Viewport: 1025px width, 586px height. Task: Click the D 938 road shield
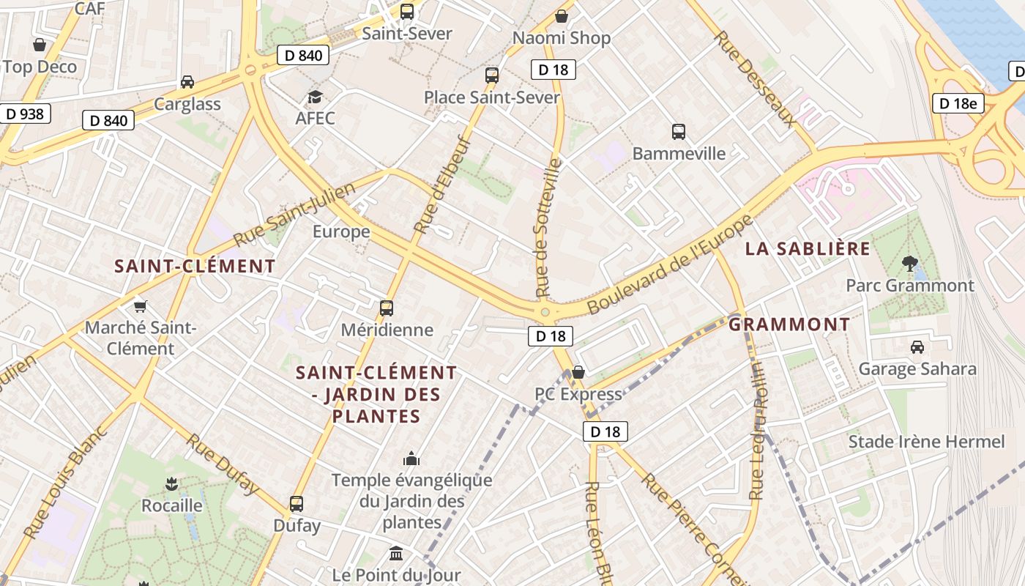click(25, 114)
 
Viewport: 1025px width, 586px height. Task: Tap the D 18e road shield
click(958, 103)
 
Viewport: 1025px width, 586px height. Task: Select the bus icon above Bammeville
click(679, 132)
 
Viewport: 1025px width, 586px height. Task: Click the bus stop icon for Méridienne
click(387, 308)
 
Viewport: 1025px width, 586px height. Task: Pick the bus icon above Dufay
click(297, 504)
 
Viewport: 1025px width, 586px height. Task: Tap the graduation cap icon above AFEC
click(315, 97)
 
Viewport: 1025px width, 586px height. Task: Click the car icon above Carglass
click(187, 82)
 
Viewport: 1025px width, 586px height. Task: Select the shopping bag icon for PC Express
click(578, 372)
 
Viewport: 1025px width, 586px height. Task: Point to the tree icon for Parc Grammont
click(910, 263)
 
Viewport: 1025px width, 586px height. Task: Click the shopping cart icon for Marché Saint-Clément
click(140, 305)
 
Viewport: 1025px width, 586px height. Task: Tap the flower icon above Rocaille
click(171, 483)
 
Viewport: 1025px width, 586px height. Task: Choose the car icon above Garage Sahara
click(917, 346)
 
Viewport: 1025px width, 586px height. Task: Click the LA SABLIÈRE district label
click(808, 249)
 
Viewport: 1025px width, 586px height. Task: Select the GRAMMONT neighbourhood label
click(789, 324)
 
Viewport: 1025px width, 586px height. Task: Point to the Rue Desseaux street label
click(755, 78)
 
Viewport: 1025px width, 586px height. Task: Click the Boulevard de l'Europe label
click(670, 264)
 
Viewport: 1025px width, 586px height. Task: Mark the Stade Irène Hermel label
click(926, 442)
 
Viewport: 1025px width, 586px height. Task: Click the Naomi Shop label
click(561, 38)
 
